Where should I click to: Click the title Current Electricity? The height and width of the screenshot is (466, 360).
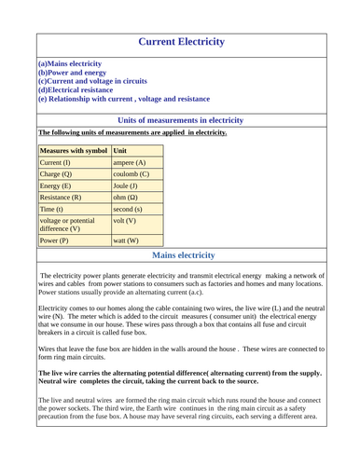click(x=181, y=42)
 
